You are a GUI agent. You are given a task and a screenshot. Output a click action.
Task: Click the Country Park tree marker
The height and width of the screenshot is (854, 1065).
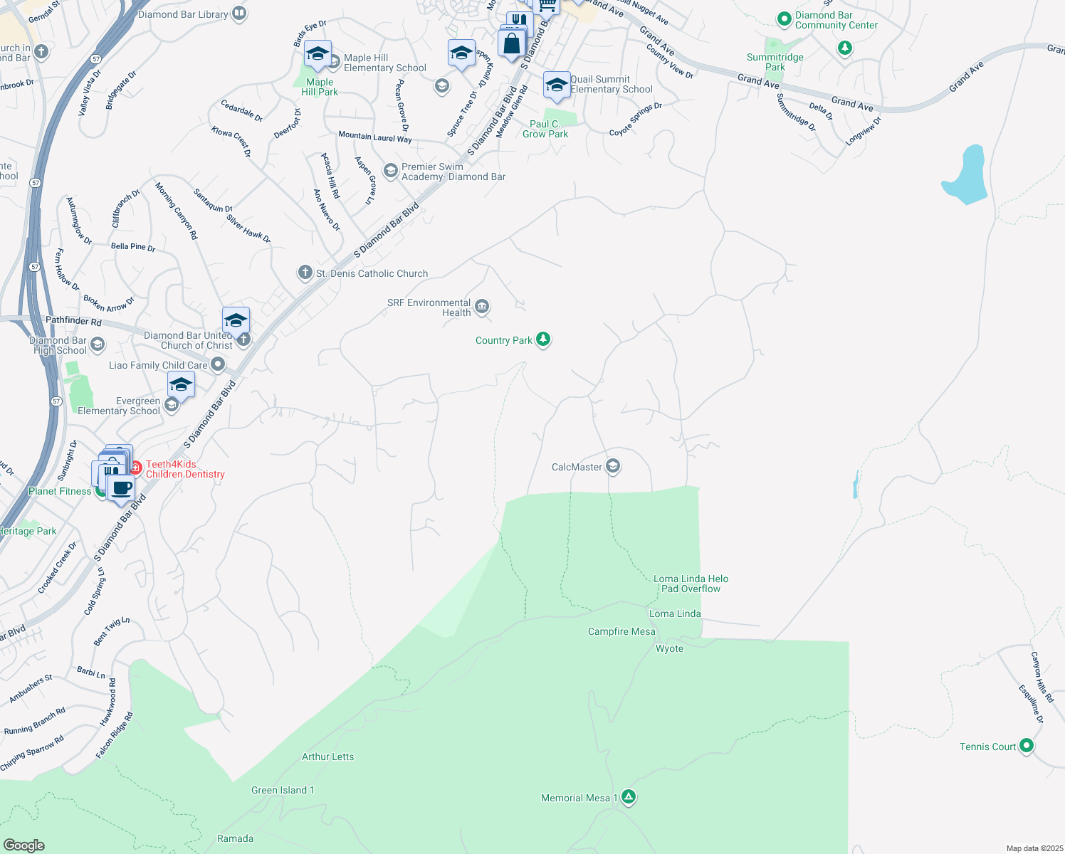point(543,339)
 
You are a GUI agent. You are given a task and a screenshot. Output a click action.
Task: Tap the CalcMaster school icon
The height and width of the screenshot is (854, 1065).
point(613,466)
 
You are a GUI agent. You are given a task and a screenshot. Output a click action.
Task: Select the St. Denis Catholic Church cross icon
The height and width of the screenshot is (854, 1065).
point(305,273)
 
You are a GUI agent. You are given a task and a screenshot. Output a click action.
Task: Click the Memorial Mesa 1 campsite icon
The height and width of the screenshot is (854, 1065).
point(628,797)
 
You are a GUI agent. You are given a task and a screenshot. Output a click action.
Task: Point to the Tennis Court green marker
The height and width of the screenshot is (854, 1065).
point(1026,746)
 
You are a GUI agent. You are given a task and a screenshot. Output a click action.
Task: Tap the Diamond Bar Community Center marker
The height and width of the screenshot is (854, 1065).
point(784,19)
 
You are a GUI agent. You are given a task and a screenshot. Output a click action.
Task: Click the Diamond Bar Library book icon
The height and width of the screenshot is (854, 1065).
point(239,14)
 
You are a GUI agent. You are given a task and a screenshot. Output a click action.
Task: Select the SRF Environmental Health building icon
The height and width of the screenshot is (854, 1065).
point(482,307)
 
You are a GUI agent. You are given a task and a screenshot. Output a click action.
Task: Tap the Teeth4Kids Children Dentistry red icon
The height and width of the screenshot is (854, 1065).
point(135,469)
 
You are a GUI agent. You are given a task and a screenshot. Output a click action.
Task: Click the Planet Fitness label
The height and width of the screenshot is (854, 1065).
point(60,491)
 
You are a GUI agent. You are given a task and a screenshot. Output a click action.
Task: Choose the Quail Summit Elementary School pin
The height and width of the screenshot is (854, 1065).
point(556,84)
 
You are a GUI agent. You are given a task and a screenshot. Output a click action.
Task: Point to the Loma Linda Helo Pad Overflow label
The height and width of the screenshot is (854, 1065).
point(691,584)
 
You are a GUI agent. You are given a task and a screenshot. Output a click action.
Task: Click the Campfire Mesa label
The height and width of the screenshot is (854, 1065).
point(621,631)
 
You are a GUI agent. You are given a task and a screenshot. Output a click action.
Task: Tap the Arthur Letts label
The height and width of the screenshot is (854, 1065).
point(327,757)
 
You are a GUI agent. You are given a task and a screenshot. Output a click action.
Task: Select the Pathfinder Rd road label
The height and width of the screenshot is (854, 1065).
point(73,321)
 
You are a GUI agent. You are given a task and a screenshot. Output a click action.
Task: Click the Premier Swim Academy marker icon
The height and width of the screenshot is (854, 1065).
point(390,171)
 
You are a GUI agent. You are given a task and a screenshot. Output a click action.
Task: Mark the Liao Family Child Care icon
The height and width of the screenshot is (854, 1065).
point(218,365)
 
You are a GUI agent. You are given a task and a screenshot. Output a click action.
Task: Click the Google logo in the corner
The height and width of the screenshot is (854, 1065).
point(23,845)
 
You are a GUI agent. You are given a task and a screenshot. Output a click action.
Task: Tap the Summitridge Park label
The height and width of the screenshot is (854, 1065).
point(775,62)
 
